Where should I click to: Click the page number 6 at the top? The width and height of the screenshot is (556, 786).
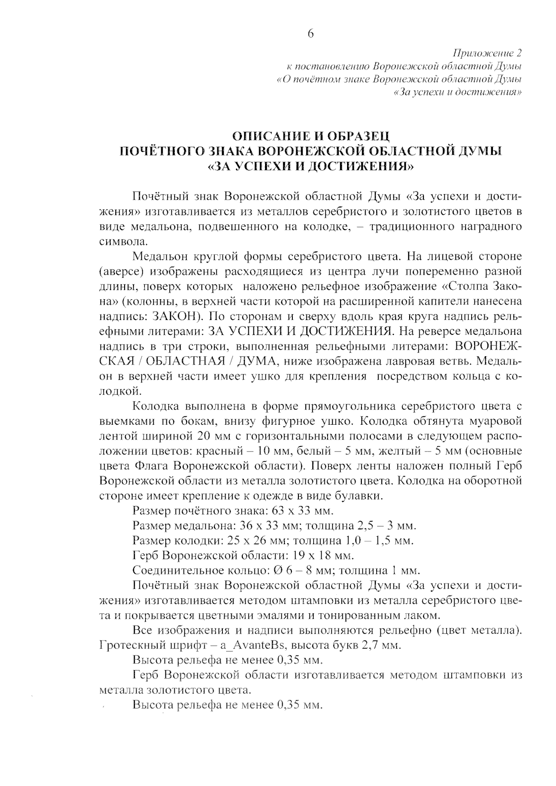(310, 33)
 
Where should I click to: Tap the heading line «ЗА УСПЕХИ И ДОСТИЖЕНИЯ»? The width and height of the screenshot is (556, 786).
(310, 166)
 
